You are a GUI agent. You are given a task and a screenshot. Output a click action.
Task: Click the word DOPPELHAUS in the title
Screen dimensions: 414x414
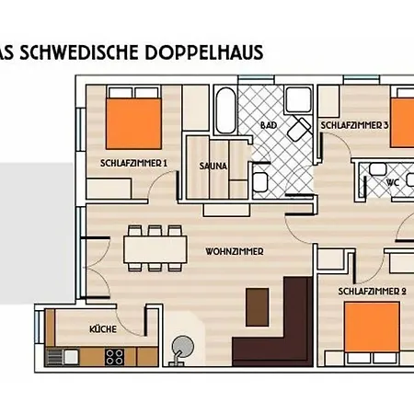coord(204,52)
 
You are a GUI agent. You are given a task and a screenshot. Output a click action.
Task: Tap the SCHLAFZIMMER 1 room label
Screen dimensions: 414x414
coord(134,163)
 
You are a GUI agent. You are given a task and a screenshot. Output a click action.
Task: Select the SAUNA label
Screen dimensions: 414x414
coord(213,167)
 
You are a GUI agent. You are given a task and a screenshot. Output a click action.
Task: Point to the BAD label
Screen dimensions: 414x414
coord(269,125)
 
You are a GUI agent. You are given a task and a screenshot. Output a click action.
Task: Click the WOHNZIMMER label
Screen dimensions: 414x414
coord(235,252)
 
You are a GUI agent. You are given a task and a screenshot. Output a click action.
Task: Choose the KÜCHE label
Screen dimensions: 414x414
coord(103,329)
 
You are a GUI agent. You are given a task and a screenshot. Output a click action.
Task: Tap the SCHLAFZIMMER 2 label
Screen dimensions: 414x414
coord(373,292)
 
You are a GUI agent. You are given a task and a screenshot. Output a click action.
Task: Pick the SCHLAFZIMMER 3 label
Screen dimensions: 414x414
coord(354,125)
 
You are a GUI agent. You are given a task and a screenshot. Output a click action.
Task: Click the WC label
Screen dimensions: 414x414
coord(393,183)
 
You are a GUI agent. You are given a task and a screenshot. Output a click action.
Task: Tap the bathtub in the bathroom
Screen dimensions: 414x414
coord(225,110)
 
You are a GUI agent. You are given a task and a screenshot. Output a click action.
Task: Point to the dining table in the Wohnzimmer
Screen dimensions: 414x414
coord(155,249)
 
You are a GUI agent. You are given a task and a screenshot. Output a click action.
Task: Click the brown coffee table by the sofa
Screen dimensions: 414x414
coord(258,307)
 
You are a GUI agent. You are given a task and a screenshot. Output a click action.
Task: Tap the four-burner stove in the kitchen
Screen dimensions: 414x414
coord(114,357)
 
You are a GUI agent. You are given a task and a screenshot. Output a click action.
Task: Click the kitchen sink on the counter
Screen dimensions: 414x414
coord(71,357)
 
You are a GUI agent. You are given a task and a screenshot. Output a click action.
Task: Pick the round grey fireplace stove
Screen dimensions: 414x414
coord(183,345)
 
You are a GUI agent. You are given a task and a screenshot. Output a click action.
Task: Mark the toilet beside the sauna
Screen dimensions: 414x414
coord(260,182)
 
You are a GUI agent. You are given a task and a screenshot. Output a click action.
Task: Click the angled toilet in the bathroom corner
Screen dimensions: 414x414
coord(298,129)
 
